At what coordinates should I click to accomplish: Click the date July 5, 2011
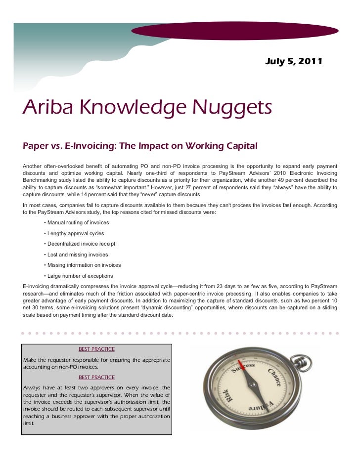[294, 62]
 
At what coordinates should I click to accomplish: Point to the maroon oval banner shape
[234, 31]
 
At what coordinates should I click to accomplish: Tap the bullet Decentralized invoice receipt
[81, 244]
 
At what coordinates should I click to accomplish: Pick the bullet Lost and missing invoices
[77, 254]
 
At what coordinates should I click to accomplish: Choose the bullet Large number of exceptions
[80, 276]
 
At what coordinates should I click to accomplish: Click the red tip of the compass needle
[244, 369]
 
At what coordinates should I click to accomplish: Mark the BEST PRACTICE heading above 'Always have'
[96, 377]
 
